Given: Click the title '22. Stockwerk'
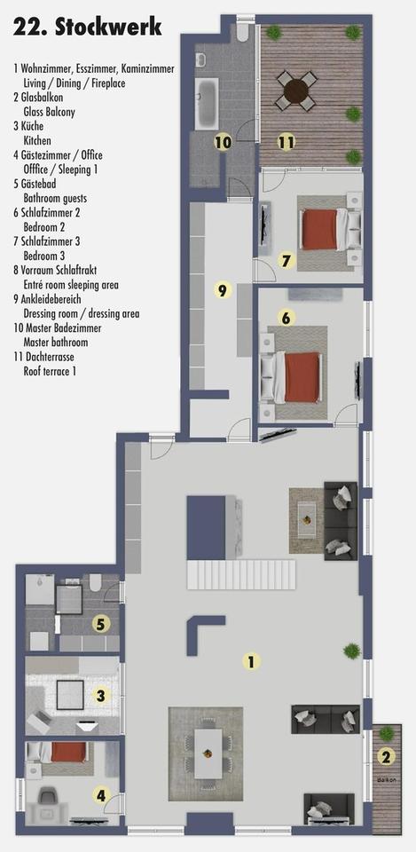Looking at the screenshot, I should point(87,28).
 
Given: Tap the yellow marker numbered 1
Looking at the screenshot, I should point(252,660).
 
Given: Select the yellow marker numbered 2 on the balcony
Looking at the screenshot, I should point(385,757).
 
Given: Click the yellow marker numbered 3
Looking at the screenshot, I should point(101,697).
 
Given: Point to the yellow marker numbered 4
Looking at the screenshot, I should point(101,795).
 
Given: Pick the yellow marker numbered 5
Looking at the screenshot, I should point(101,624).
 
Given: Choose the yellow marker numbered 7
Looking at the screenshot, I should point(286,260).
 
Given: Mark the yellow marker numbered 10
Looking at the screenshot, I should point(223,141).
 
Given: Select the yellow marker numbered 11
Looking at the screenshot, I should point(286,141).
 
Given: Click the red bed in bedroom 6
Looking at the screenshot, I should point(302,373).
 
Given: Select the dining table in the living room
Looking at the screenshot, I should point(210,752).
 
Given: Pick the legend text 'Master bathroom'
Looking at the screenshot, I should point(55,342).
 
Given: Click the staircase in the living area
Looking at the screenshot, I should point(240,573).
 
